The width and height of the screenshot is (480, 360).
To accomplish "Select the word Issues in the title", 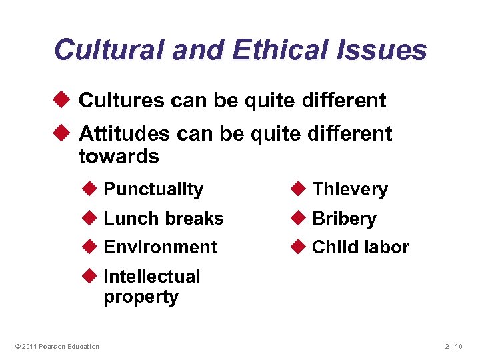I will coord(385,50).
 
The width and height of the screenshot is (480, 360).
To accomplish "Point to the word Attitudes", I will coord(125,134).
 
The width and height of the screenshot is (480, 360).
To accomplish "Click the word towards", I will coord(119,157).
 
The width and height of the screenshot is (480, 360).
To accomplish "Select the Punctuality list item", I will coord(153,189).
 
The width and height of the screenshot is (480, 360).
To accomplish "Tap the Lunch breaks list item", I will coord(163,219).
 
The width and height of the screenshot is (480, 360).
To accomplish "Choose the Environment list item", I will coord(161,247).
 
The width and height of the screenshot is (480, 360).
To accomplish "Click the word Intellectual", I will coord(152,276).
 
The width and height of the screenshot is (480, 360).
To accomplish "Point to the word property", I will coord(141,297).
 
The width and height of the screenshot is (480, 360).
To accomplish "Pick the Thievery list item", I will coord(349,189).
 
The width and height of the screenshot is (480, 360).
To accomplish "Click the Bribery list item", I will coord(344,219).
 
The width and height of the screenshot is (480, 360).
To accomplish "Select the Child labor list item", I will coord(361,247).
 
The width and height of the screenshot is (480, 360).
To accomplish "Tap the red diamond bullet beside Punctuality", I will coord(93,189).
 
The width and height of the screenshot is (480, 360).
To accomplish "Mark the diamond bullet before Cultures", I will coord(65,101).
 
